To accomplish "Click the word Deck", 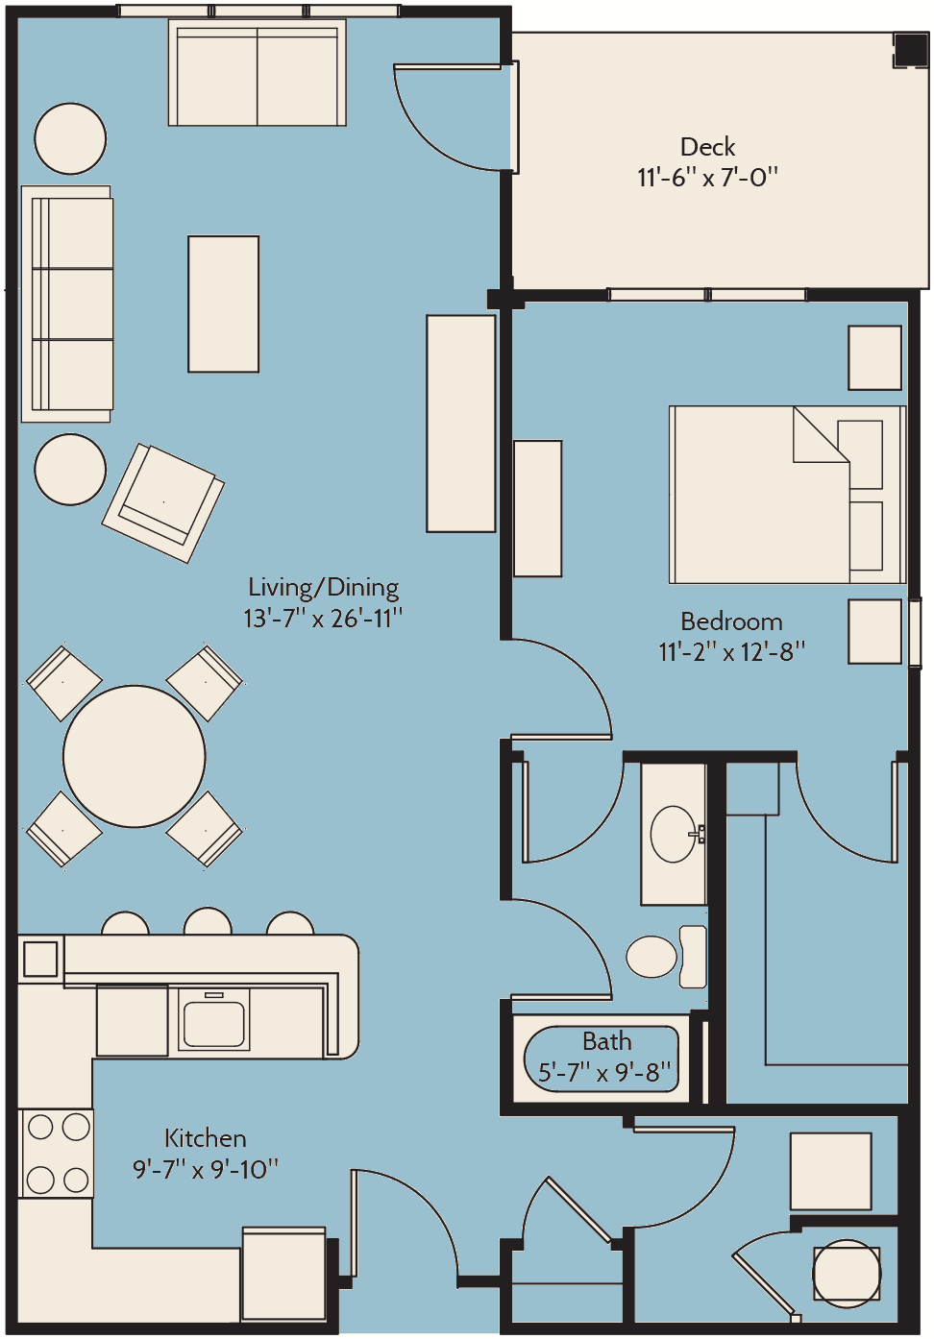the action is point(707,147).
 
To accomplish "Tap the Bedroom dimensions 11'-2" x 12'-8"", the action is point(732,652).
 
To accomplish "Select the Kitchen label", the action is point(205,1139).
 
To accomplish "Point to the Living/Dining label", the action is point(324,588).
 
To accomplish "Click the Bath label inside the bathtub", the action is point(607,1041).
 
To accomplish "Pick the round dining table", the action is point(135,757).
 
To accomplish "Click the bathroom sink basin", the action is point(673,834).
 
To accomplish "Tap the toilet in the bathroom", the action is point(666,957).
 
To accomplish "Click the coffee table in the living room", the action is point(224,304).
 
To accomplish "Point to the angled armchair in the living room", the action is point(162,502).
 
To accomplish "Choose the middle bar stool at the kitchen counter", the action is point(208,922).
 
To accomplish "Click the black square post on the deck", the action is point(910,49).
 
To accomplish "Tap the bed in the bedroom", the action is point(788,495).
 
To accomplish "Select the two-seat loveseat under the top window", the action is point(258,72).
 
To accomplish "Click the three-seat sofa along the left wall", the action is point(66,304).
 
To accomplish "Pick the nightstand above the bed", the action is point(874,357).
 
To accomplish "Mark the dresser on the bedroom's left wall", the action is point(537,509).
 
